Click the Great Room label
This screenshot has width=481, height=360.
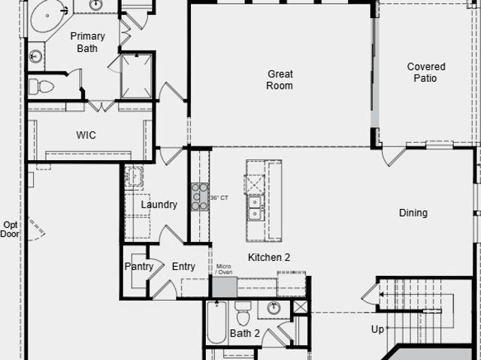click(x=280, y=80)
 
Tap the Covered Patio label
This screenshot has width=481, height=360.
click(x=426, y=72)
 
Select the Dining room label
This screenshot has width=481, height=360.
click(x=413, y=213)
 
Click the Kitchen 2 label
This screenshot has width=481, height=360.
click(x=269, y=257)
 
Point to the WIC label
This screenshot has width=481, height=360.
click(x=86, y=135)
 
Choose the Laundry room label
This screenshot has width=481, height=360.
click(x=159, y=204)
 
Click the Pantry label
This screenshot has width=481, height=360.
click(x=138, y=267)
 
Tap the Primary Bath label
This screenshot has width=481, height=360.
click(x=87, y=42)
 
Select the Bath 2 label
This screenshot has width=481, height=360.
click(x=245, y=333)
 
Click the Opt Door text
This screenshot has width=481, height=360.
click(x=10, y=229)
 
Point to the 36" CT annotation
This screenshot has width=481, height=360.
click(x=219, y=198)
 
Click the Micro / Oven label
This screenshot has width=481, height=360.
click(x=224, y=269)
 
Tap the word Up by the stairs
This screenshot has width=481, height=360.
click(x=377, y=330)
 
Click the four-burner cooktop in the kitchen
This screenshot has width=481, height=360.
click(x=200, y=197)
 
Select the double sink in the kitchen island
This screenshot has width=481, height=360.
click(x=255, y=208)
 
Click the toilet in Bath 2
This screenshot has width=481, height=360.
click(x=243, y=313)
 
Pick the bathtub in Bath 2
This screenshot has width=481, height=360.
click(x=216, y=322)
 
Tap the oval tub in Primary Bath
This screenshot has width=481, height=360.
click(x=47, y=16)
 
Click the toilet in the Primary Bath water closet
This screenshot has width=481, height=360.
click(x=41, y=86)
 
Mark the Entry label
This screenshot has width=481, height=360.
click(x=183, y=267)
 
